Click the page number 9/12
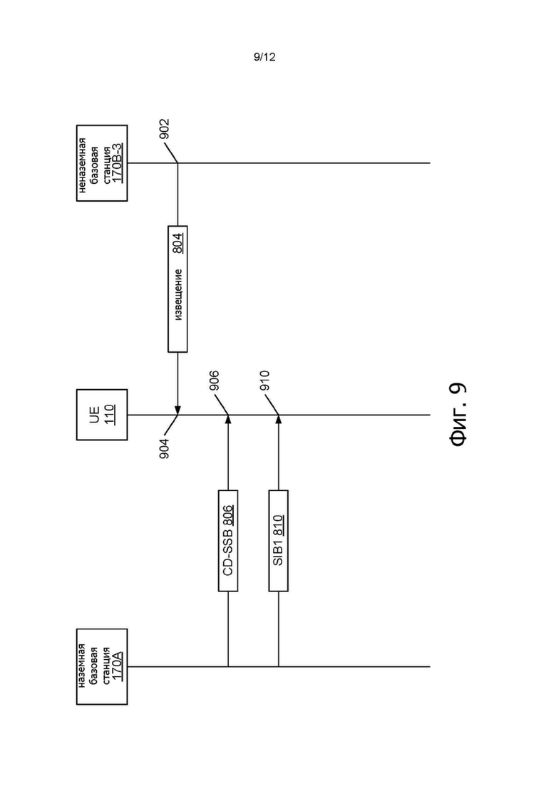click(x=264, y=57)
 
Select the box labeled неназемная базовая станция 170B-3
click(x=102, y=163)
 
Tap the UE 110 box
click(x=102, y=415)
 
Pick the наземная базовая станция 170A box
click(x=102, y=667)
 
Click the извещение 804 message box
click(x=177, y=289)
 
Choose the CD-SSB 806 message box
click(x=228, y=540)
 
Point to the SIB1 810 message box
click(x=278, y=540)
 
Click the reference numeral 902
click(x=165, y=129)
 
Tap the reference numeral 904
click(x=165, y=448)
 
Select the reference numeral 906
click(x=214, y=381)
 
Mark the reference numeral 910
click(x=264, y=381)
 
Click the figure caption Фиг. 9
click(x=457, y=414)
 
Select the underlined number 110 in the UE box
click(x=110, y=415)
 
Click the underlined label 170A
click(x=116, y=667)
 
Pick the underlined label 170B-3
click(x=116, y=163)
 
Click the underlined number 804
click(x=178, y=243)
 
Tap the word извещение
click(x=178, y=295)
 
